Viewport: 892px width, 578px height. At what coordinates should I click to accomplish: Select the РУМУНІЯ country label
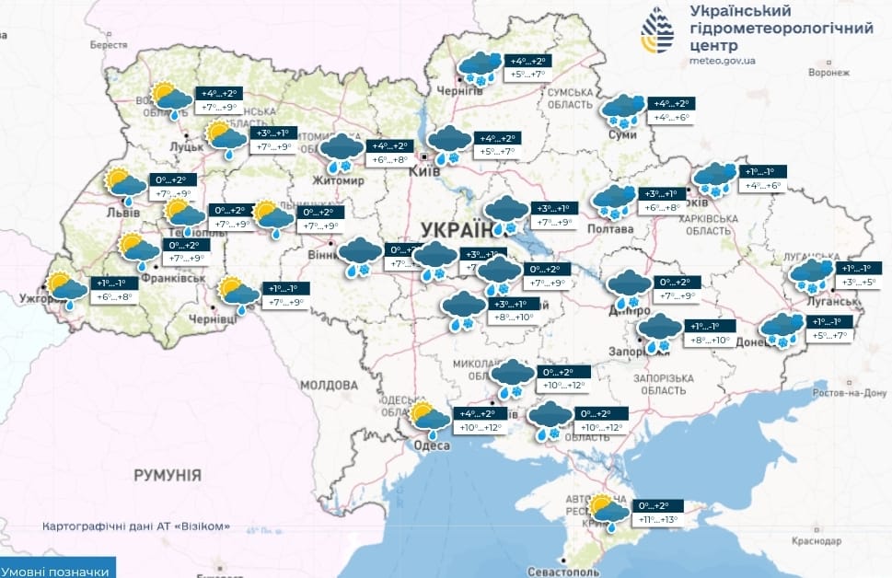pyautogui.click(x=167, y=475)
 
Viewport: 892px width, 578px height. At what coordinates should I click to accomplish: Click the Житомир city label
pyautogui.click(x=340, y=179)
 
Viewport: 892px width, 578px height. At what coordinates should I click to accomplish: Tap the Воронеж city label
pyautogui.click(x=825, y=72)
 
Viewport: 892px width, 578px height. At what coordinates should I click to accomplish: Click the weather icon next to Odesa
pyautogui.click(x=429, y=419)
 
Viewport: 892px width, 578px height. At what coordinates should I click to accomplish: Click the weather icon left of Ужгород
pyautogui.click(x=68, y=290)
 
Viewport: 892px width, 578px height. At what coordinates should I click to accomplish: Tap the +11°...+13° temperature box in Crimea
pyautogui.click(x=658, y=520)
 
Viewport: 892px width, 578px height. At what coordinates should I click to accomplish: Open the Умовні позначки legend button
pyautogui.click(x=58, y=571)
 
